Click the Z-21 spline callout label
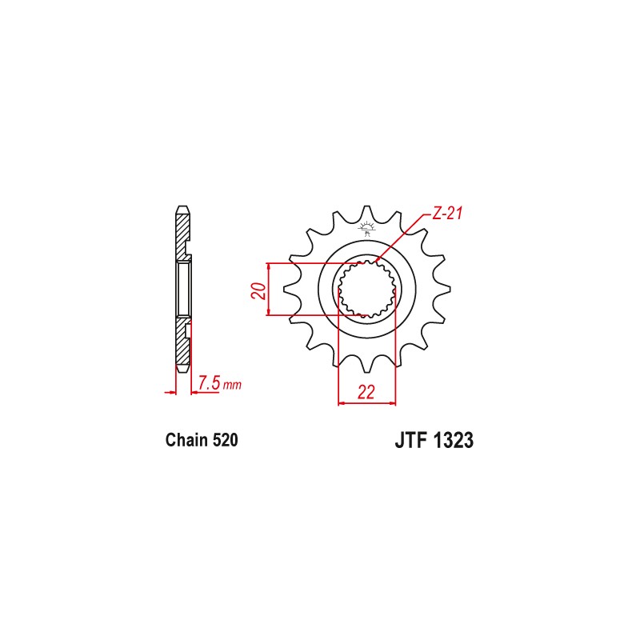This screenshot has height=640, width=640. (x=449, y=214)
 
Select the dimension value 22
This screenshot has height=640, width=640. (x=367, y=391)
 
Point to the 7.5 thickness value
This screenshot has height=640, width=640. (x=209, y=383)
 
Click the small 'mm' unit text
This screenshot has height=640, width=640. (x=232, y=386)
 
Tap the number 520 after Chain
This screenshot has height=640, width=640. (x=223, y=440)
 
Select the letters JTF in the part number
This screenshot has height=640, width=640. (x=410, y=441)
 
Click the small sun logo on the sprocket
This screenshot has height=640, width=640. (x=368, y=230)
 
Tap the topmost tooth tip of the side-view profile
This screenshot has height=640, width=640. (x=182, y=210)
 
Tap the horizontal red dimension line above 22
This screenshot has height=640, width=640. (x=367, y=403)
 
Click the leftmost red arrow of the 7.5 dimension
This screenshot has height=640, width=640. (x=170, y=392)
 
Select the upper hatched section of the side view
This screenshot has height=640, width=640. (x=182, y=236)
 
